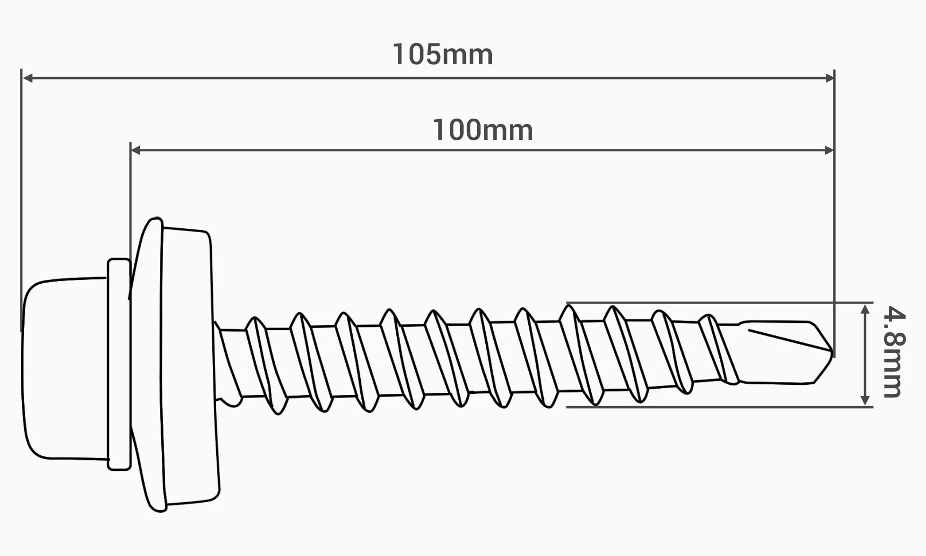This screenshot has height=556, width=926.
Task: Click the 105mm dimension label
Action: [x=443, y=54]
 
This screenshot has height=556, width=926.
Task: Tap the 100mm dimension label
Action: [x=483, y=130]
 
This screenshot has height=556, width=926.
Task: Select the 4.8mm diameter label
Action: [x=894, y=352]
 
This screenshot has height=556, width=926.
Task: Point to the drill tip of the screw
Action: [x=785, y=352]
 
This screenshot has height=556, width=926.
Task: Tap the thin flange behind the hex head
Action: [x=119, y=364]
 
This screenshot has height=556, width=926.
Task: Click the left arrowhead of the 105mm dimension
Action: [x=27, y=78]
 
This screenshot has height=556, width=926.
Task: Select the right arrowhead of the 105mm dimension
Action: [x=829, y=78]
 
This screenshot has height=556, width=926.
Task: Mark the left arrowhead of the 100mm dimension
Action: [x=136, y=150]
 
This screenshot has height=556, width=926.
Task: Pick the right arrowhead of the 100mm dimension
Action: [x=829, y=150]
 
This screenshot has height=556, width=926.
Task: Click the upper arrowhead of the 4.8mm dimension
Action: [x=865, y=310]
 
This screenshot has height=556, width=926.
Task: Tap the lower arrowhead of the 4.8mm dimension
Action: [x=865, y=400]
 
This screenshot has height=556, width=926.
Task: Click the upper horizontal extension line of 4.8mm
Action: [x=719, y=302]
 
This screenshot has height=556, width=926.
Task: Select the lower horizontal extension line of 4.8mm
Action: [x=719, y=407]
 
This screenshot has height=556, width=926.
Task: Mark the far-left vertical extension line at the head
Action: [x=21, y=200]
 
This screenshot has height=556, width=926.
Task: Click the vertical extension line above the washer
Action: [x=130, y=220]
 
